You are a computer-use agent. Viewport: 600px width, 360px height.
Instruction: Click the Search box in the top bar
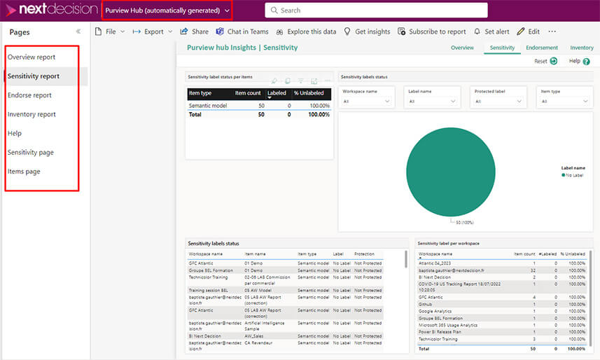376,11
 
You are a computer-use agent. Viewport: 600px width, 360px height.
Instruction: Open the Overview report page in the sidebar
32,57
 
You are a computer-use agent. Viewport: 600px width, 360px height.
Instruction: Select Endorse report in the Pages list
29,95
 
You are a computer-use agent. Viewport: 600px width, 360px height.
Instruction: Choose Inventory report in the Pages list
32,114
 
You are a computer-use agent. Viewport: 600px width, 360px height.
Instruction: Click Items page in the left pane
24,172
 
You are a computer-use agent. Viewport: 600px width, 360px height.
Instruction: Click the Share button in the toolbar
195,32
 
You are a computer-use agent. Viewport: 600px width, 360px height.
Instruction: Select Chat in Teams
242,32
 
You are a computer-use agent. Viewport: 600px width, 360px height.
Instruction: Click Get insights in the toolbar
367,32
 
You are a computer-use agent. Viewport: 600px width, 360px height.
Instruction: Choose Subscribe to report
432,32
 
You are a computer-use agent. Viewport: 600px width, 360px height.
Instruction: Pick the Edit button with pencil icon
529,32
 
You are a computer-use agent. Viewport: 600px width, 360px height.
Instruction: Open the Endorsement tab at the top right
542,48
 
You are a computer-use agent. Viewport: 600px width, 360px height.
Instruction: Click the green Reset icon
553,62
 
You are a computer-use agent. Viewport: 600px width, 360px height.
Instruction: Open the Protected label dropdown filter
498,101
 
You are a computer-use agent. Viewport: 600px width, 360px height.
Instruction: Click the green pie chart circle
450,172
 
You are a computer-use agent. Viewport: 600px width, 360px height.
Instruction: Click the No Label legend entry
573,175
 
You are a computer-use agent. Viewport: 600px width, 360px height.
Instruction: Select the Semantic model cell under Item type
207,105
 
